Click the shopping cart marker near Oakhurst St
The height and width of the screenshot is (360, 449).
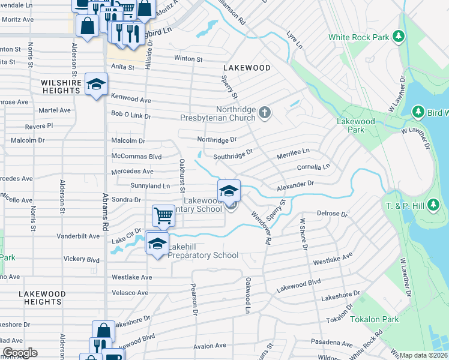pyautogui.click(x=163, y=216)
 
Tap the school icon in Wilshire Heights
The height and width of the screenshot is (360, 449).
pyautogui.click(x=95, y=85)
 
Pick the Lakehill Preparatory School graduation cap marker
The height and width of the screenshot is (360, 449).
pyautogui.click(x=157, y=244)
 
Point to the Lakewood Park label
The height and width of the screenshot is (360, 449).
pyautogui.click(x=356, y=125)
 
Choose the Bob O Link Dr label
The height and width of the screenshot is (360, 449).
pyautogui.click(x=131, y=114)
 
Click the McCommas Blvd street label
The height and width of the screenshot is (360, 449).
pyautogui.click(x=137, y=157)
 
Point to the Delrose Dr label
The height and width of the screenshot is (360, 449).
pyautogui.click(x=333, y=214)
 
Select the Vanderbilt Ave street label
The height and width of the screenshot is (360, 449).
pyautogui.click(x=77, y=236)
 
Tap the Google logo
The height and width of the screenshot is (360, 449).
pyautogui.click(x=19, y=353)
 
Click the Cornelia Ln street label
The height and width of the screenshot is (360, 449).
pyautogui.click(x=313, y=167)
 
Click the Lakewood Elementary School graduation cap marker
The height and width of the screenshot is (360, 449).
pyautogui.click(x=229, y=191)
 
